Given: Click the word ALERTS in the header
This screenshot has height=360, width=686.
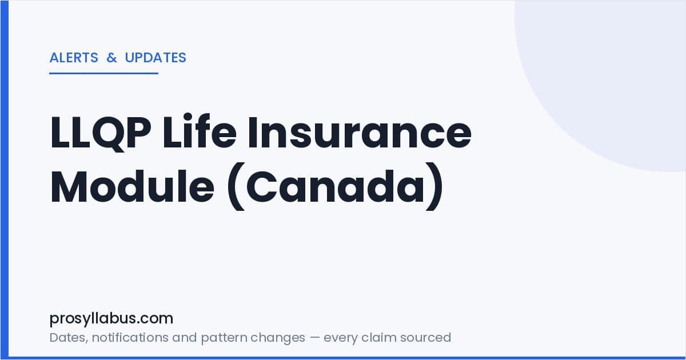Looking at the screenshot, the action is click(x=74, y=58).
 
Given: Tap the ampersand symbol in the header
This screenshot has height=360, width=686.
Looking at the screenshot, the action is click(x=112, y=58).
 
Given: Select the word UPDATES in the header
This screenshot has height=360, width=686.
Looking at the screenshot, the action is click(x=155, y=58).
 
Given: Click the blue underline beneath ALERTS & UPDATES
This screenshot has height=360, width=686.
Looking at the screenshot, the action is click(x=104, y=73).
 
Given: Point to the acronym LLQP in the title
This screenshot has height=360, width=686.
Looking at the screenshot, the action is click(x=101, y=133).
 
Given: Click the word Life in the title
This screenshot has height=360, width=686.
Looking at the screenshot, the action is click(x=200, y=131).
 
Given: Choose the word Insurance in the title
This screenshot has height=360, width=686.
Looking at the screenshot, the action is click(x=360, y=131).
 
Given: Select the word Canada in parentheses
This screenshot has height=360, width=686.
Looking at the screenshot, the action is click(x=335, y=186).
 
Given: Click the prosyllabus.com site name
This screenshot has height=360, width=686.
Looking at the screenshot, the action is click(x=111, y=319).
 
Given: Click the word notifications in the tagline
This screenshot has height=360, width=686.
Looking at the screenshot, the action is click(x=129, y=338).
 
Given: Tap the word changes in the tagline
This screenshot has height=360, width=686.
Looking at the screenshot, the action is click(x=278, y=338).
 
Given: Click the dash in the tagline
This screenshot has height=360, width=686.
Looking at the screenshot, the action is click(x=314, y=338).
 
